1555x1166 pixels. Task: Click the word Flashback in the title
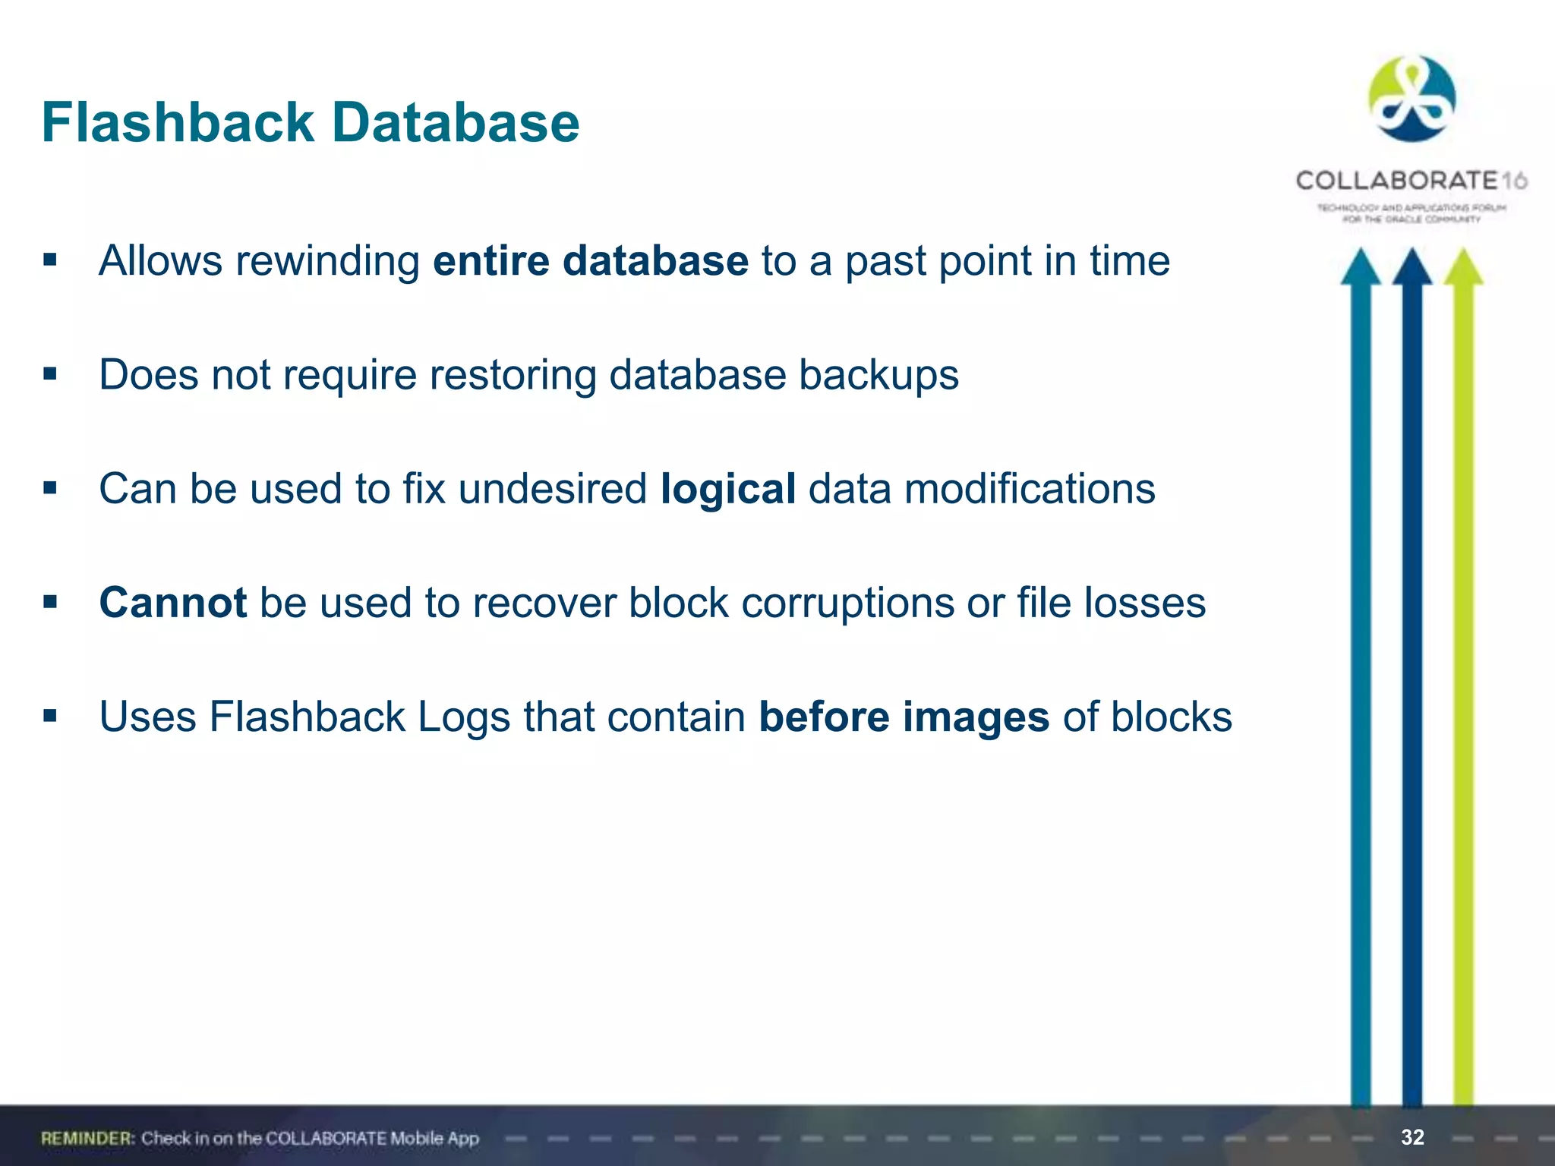[178, 122]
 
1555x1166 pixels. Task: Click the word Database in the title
[456, 122]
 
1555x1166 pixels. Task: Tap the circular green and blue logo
[1411, 99]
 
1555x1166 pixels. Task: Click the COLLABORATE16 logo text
[1411, 181]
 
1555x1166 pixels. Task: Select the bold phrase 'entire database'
[591, 261]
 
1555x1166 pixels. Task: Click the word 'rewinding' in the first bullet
[328, 261]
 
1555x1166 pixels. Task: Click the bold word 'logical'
[728, 489]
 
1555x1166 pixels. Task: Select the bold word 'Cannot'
[173, 603]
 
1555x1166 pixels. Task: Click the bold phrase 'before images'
[904, 717]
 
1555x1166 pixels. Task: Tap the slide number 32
[1412, 1137]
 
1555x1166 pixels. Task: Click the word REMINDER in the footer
[87, 1138]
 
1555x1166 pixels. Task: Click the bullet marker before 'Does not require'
[50, 374]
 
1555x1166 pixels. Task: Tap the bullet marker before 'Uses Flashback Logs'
[50, 716]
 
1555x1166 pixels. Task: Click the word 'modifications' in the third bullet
[1030, 489]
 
